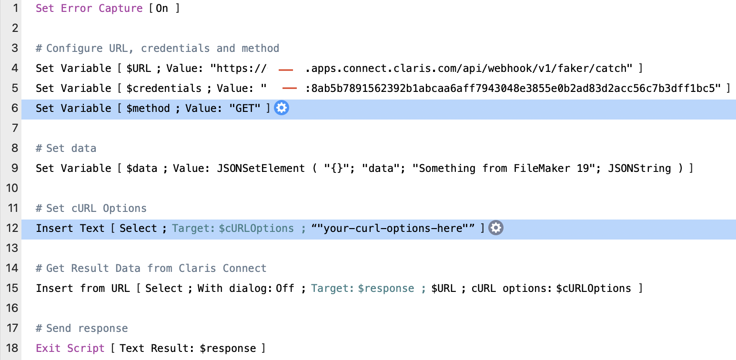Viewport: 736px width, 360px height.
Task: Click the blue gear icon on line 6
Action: click(x=282, y=109)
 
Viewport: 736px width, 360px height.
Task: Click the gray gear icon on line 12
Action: click(x=496, y=229)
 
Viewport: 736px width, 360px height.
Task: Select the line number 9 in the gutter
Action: click(x=14, y=169)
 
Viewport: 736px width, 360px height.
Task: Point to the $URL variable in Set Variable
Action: click(x=139, y=69)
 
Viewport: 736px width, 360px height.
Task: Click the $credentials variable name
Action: click(x=164, y=89)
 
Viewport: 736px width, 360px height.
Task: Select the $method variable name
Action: click(x=148, y=109)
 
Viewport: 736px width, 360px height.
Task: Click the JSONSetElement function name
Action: click(x=261, y=169)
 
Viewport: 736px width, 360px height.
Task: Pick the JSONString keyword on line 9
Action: click(x=640, y=169)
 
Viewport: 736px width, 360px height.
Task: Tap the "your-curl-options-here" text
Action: click(x=393, y=229)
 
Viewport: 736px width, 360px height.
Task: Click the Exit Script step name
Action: click(x=70, y=349)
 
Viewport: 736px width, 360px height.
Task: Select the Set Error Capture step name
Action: click(x=89, y=9)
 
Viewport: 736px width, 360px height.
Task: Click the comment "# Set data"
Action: click(x=66, y=149)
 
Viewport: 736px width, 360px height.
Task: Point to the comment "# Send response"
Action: click(x=82, y=329)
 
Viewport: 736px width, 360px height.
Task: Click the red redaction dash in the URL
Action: click(x=285, y=70)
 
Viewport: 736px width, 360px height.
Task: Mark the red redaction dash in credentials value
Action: click(x=290, y=88)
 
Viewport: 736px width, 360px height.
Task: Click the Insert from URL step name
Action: click(x=83, y=289)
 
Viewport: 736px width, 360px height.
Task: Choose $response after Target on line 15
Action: click(x=386, y=289)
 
